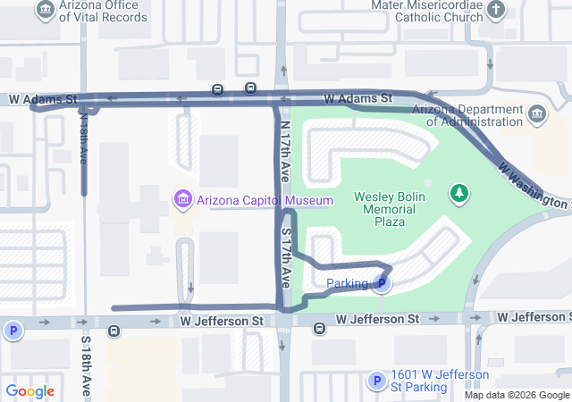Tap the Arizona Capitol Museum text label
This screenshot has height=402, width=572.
coord(252,200)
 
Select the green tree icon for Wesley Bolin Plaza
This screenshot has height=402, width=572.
coord(459,193)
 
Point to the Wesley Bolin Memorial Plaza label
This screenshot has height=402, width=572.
coord(392,209)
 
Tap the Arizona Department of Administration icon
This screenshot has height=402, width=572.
coord(537,113)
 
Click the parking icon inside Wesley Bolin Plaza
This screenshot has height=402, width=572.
coord(382,284)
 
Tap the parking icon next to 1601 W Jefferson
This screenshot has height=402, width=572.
coord(376,381)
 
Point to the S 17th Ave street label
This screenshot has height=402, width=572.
coord(286,256)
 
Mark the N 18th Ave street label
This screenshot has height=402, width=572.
coord(83,134)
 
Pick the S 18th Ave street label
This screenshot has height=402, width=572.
coord(87,366)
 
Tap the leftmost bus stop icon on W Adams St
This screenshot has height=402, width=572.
coord(217,89)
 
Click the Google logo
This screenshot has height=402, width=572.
coord(29,390)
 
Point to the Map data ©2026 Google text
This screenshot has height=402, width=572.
coord(516,395)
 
